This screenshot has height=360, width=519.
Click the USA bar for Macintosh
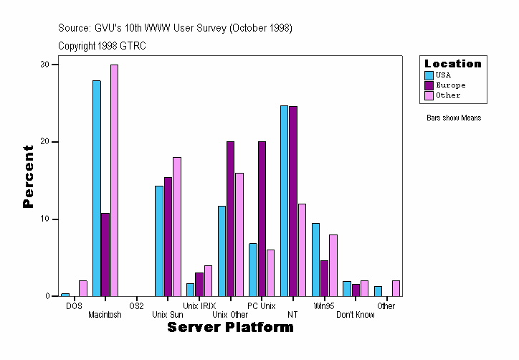point(97,188)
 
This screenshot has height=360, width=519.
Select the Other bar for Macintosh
point(114,180)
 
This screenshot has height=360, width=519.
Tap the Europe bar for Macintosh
point(105,255)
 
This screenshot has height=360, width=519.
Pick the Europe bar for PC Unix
point(262,219)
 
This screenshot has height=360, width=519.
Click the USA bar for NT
point(284,201)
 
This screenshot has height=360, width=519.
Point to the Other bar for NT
point(302,250)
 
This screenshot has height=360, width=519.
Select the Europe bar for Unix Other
point(230,219)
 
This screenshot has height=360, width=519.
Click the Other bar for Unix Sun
point(176,227)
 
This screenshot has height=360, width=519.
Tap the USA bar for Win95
point(315,260)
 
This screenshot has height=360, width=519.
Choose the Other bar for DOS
point(83,288)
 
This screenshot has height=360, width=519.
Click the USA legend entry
point(442,75)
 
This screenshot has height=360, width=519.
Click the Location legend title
point(453,64)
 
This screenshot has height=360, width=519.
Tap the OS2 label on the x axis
point(136,306)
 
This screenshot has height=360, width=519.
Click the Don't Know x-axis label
point(355,315)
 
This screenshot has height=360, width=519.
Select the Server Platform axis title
point(230,328)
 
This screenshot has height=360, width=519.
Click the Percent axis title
point(28,176)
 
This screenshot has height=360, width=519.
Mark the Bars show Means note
point(454,118)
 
